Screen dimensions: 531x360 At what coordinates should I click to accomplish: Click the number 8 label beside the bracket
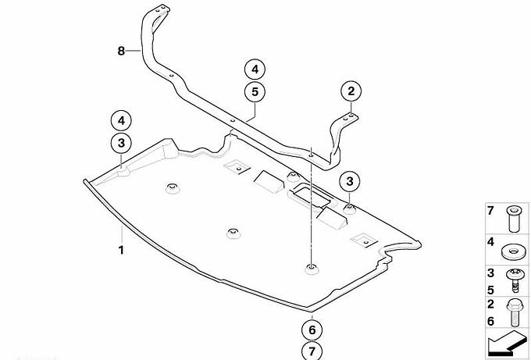tap(121, 51)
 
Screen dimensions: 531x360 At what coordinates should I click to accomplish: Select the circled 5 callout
tap(255, 92)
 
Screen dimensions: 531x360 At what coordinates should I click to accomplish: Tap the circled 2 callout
tap(351, 91)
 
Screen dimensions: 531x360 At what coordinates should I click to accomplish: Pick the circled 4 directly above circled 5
tap(255, 70)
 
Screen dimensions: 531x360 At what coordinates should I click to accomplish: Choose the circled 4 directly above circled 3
tap(121, 121)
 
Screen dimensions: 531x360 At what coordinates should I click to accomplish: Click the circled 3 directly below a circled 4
tap(121, 143)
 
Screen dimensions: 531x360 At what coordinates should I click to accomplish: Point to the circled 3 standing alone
tap(350, 181)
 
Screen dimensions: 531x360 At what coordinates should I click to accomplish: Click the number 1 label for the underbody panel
tap(121, 250)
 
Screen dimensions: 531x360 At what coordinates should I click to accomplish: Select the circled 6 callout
tap(312, 330)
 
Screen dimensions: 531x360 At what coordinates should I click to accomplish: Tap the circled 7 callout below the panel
tap(312, 351)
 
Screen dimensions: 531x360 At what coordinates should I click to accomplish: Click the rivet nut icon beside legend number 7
tap(513, 219)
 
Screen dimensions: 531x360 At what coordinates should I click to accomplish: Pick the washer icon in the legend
tap(513, 252)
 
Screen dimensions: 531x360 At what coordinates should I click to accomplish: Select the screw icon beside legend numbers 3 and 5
tap(514, 281)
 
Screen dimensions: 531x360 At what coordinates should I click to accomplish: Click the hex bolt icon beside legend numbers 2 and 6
tap(515, 313)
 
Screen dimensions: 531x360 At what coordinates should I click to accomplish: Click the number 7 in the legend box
tap(490, 210)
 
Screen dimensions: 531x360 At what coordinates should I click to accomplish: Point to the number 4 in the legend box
tap(490, 242)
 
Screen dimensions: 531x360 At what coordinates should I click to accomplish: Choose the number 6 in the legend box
tap(490, 321)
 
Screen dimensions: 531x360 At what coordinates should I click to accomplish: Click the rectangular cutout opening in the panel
tap(313, 197)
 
